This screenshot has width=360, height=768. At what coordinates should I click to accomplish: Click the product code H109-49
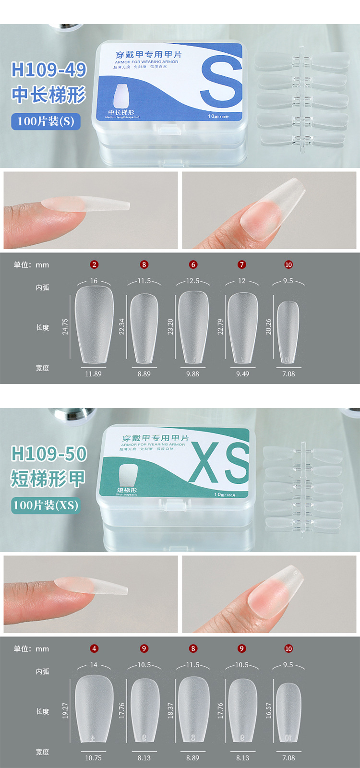(48, 70)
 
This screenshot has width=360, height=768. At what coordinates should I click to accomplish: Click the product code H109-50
(48, 454)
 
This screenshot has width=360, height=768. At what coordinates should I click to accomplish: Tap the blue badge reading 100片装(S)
(46, 121)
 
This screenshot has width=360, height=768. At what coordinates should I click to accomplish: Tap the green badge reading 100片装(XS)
(46, 505)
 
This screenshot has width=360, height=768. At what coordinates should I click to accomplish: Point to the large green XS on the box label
(219, 463)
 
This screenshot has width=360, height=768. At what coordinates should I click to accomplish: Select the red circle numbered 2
(94, 264)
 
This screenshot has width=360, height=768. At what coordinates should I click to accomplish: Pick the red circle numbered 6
(193, 264)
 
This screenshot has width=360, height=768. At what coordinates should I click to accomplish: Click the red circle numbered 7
(242, 264)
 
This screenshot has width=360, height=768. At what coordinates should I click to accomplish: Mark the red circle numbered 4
(94, 648)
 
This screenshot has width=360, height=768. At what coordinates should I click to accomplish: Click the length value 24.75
(65, 326)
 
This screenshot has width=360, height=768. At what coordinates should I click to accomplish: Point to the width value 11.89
(93, 374)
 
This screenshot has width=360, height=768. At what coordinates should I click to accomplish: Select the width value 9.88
(192, 374)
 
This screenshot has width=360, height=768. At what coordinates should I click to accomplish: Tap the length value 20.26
(269, 326)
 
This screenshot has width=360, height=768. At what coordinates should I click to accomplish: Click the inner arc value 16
(94, 281)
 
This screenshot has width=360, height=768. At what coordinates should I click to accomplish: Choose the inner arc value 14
(94, 665)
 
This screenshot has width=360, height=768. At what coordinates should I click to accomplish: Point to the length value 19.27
(65, 710)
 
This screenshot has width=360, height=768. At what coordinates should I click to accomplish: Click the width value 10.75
(93, 758)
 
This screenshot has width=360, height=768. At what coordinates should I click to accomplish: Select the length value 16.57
(269, 710)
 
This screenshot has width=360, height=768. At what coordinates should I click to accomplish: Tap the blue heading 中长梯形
(48, 95)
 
